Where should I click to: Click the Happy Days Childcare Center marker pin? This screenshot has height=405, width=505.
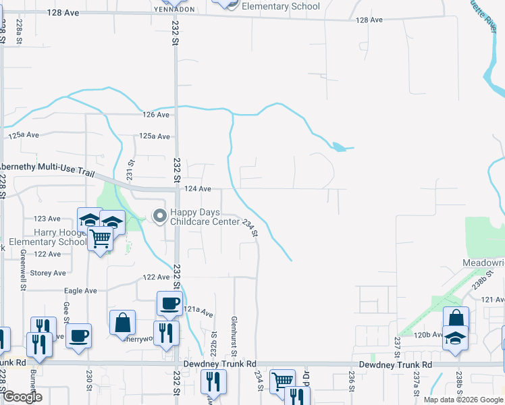[x=160, y=216]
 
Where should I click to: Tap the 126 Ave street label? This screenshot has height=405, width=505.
[x=155, y=115]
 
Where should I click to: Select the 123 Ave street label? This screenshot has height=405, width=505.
[x=47, y=219]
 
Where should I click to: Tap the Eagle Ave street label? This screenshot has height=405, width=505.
[x=81, y=291]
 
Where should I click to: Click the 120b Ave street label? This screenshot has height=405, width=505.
[x=430, y=334]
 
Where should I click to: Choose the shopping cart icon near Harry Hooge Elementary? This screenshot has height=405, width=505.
[x=101, y=238]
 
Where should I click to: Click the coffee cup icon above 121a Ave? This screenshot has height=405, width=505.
[x=169, y=303]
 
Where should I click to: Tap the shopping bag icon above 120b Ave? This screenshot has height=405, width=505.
[x=456, y=318]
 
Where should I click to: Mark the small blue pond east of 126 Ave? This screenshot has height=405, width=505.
[x=340, y=146]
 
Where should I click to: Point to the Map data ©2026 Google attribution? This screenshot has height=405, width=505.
[x=462, y=400]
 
